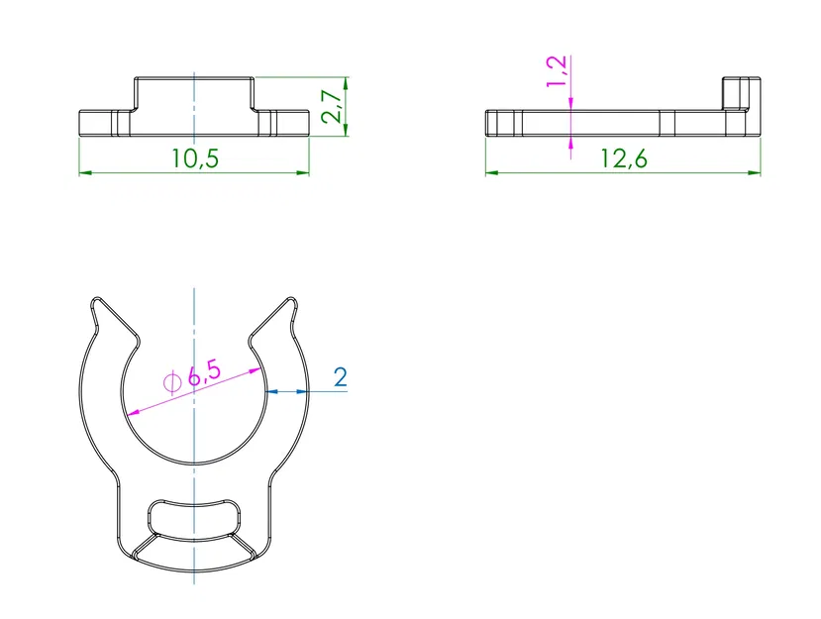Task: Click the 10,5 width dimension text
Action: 194,158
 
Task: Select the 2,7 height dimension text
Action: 335,102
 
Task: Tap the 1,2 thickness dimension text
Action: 557,70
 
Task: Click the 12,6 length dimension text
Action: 623,158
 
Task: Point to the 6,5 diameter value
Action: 204,373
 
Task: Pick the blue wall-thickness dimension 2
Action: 340,377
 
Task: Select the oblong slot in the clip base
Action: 194,518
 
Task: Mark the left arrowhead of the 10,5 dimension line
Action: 84,173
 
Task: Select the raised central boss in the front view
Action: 194,93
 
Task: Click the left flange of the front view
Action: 99,123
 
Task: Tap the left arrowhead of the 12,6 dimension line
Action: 491,173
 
